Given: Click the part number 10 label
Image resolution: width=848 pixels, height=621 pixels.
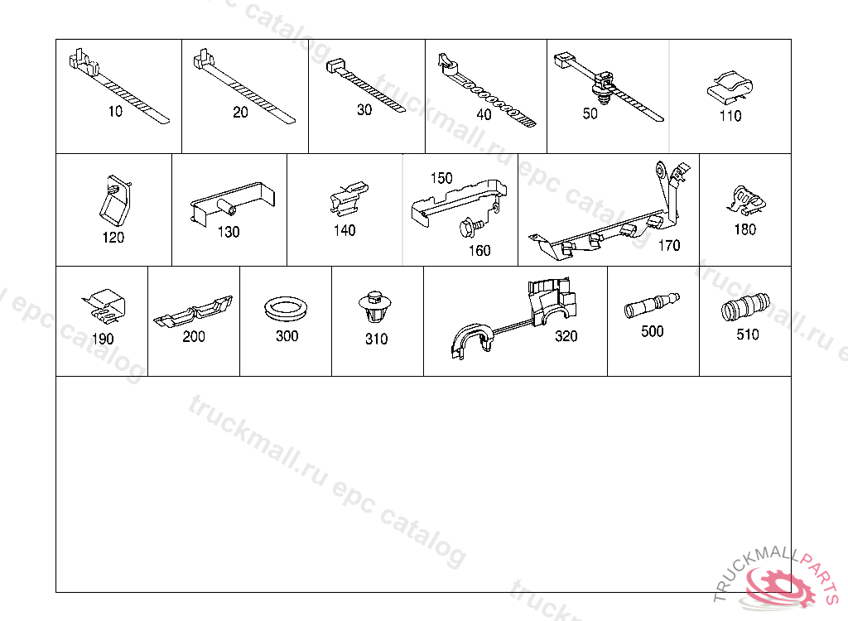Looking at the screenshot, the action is point(115,112).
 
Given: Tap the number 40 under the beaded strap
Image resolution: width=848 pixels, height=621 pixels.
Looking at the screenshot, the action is point(484,115).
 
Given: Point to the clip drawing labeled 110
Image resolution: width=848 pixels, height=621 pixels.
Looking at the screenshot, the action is point(730,88).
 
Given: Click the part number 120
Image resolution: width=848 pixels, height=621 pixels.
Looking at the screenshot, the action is point(113,238).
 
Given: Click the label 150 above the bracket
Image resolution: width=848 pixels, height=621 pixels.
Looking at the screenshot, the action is point(441,178).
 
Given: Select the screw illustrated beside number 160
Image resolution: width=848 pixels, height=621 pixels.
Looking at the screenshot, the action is point(469,227).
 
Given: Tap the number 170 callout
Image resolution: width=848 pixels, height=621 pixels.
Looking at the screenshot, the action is point(669,246).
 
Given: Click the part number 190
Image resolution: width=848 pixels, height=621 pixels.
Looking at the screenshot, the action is point(102,339).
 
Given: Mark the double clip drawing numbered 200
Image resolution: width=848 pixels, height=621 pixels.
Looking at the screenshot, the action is point(193,313).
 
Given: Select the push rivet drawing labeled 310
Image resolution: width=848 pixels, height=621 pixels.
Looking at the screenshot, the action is point(374,306).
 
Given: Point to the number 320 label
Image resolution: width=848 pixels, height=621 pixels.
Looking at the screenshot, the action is point(566,336).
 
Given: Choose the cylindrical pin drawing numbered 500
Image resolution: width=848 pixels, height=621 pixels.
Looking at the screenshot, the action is point(652,305).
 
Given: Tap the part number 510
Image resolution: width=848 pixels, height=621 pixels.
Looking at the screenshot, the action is point(748,335).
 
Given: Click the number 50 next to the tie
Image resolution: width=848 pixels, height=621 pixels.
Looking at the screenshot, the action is point(590,113).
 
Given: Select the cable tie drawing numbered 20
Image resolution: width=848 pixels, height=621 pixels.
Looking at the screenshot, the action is point(245,87).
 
